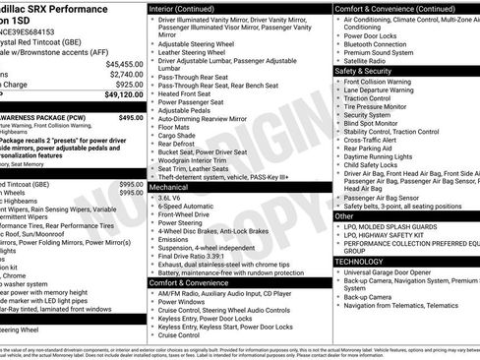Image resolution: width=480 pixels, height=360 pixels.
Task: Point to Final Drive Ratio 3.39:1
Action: point(202,256)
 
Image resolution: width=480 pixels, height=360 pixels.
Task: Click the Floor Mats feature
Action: point(180,126)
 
